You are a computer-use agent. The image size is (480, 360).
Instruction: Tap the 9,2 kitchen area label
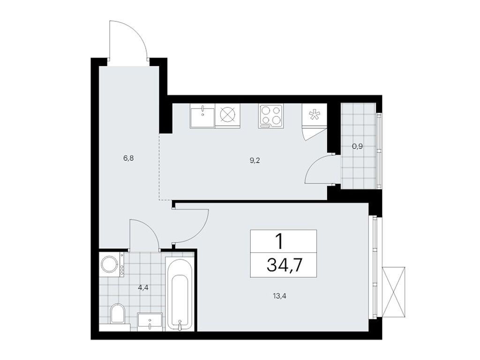pos(255,160)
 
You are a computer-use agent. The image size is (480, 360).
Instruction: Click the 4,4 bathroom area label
pos(142,288)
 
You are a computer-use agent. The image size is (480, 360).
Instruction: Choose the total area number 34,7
pos(284,265)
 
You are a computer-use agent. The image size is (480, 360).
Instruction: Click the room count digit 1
pos(279,242)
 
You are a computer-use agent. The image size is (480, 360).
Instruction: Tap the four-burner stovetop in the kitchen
pos(270,115)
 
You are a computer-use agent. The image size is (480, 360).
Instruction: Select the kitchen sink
pos(202,115)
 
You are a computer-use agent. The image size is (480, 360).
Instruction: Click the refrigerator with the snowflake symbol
pos(313,115)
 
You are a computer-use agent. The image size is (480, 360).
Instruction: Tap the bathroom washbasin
pos(150,322)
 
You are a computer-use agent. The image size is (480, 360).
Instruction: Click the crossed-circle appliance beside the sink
pos(227,115)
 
